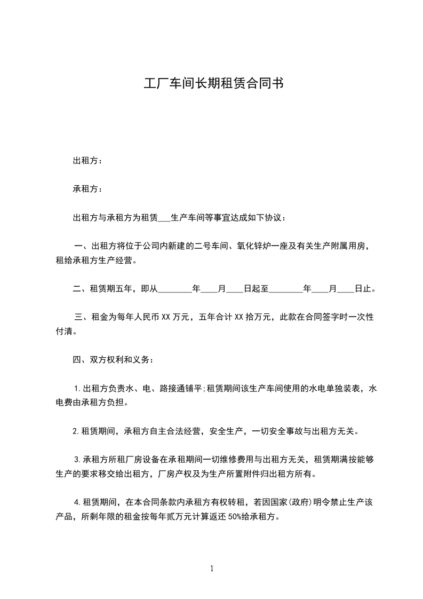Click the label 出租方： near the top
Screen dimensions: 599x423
(x=88, y=161)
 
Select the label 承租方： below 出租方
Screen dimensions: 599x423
(x=88, y=189)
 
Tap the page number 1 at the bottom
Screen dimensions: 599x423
(x=212, y=569)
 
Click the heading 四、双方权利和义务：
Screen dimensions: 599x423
(x=114, y=360)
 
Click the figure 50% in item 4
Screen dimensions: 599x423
(x=243, y=517)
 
